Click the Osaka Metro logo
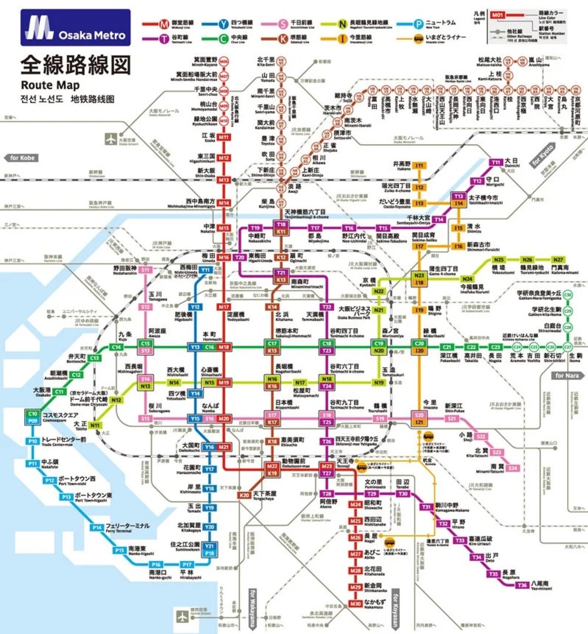(x=75, y=28)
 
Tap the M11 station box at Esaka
(x=223, y=137)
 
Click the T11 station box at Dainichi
(x=496, y=162)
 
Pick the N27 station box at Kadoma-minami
(x=558, y=260)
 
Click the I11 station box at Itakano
(x=419, y=166)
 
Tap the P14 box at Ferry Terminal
(x=97, y=528)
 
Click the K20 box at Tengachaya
(x=245, y=495)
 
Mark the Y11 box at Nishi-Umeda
(x=206, y=270)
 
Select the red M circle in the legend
(x=164, y=24)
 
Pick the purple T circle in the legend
(x=164, y=39)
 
